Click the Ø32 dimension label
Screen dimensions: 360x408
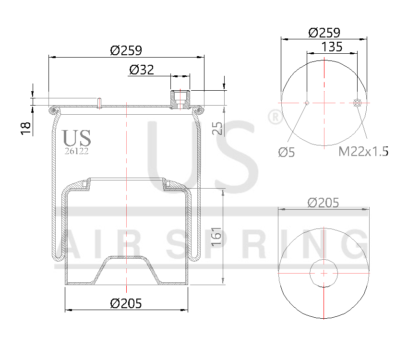point(141,70)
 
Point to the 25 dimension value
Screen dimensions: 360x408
point(217,128)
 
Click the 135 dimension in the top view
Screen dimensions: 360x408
point(332,47)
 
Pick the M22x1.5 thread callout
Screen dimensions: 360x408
point(363,152)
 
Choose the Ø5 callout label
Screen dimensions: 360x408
point(287,153)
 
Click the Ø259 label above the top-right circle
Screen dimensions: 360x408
point(324,33)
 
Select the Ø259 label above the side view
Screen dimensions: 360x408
point(126,50)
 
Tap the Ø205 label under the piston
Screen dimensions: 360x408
point(126,303)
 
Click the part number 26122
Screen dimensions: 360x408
point(76,150)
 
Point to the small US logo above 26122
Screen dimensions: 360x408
point(76,138)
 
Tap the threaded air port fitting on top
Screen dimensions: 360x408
point(180,99)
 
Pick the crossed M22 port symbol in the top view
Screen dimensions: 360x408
point(357,102)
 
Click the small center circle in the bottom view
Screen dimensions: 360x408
point(324,273)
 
